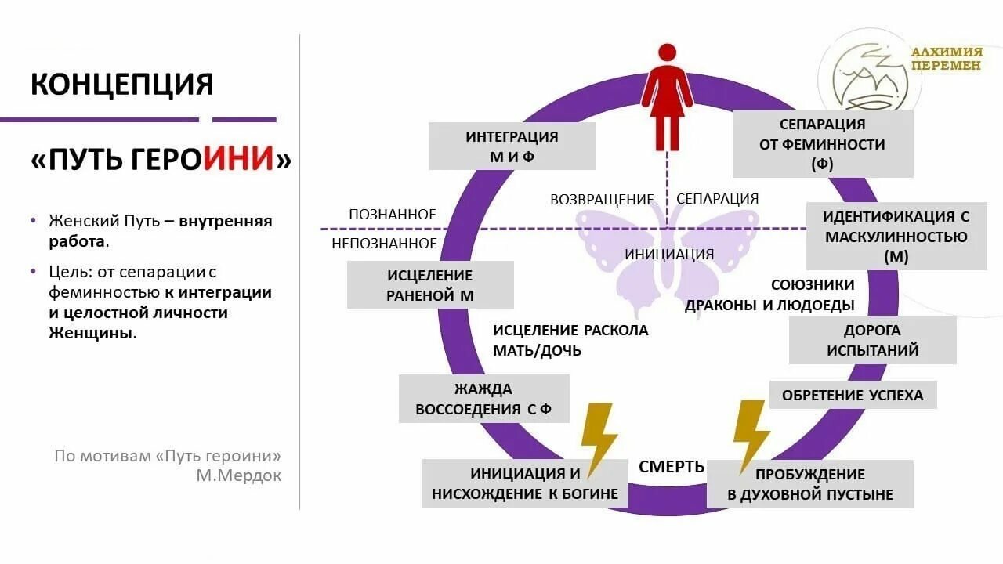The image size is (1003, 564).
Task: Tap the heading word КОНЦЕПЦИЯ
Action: click(x=122, y=84)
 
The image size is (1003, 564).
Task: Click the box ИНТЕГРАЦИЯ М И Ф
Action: click(x=512, y=146)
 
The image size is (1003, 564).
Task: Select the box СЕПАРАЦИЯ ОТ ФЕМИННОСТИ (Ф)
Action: click(x=822, y=144)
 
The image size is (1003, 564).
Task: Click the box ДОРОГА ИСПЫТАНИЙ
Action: click(x=872, y=340)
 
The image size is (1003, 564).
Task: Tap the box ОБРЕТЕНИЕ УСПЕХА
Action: click(x=853, y=395)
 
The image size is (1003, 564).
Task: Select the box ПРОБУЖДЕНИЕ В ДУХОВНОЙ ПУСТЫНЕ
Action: click(x=809, y=484)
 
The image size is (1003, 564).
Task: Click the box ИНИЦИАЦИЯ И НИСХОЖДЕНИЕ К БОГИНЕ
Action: click(x=524, y=483)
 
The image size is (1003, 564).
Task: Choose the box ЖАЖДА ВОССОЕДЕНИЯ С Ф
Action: click(x=483, y=399)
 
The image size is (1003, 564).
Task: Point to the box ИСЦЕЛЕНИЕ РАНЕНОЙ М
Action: click(x=430, y=285)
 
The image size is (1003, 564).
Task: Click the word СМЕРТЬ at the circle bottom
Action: click(x=672, y=467)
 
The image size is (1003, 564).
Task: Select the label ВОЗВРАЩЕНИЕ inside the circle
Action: click(x=602, y=199)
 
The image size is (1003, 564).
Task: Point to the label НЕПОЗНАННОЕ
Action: click(x=384, y=244)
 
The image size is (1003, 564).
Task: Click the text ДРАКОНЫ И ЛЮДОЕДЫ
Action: click(x=769, y=305)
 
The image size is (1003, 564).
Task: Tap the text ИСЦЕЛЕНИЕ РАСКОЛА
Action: click(x=570, y=330)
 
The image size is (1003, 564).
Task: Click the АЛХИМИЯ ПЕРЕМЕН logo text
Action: click(x=946, y=59)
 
